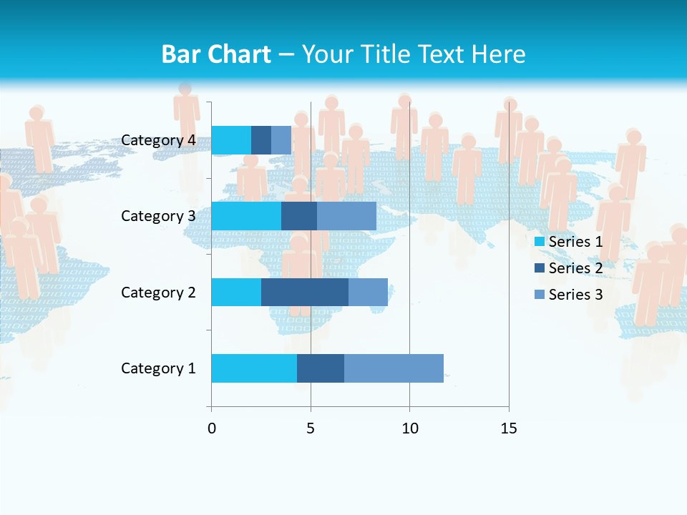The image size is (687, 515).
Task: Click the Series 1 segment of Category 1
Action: [x=254, y=368]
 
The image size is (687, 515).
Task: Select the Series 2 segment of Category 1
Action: [x=321, y=368]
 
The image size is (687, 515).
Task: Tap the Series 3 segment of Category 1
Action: [x=394, y=368]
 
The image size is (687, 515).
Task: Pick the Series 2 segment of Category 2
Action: [x=305, y=292]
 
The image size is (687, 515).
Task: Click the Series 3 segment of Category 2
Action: [x=368, y=292]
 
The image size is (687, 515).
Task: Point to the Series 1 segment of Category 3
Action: [x=246, y=216]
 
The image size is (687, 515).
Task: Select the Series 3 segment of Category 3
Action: [x=346, y=216]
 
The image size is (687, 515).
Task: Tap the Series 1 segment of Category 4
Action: [x=231, y=140]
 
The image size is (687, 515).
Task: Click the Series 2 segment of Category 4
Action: [x=261, y=140]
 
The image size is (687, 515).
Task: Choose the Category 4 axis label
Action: [x=158, y=140]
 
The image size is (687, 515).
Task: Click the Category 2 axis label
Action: [x=158, y=292]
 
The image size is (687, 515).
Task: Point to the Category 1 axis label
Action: [x=158, y=368]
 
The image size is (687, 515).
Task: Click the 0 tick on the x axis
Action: [x=211, y=428]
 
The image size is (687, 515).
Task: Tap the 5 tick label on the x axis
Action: [x=311, y=428]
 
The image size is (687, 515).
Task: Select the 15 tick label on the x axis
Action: [x=509, y=428]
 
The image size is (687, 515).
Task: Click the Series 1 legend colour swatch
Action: [x=540, y=242]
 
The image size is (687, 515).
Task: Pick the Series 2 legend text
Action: [x=575, y=268]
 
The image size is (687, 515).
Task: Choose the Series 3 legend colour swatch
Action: [x=540, y=295]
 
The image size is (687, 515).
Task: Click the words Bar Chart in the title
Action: [x=216, y=54]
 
